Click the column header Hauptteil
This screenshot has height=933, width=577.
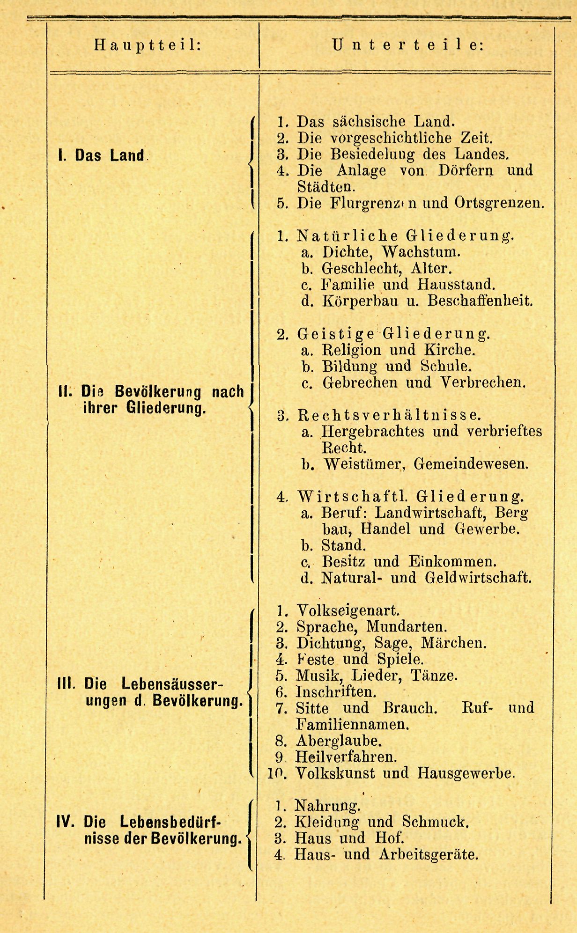click(148, 45)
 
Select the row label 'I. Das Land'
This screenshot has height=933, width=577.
click(101, 155)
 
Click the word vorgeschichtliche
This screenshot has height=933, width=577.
click(393, 138)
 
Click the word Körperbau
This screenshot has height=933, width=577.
click(360, 301)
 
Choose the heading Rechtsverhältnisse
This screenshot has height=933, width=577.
click(389, 415)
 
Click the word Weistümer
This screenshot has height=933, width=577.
click(364, 464)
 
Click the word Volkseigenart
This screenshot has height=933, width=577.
click(348, 611)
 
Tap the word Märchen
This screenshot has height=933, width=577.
click(454, 643)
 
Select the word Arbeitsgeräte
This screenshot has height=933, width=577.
click(428, 854)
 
